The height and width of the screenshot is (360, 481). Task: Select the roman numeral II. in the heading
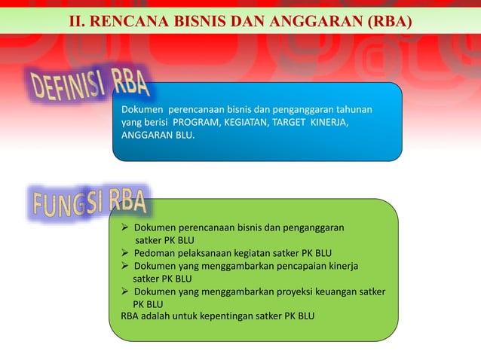[x=78, y=17]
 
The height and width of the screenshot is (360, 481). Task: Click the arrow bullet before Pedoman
[x=126, y=252]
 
